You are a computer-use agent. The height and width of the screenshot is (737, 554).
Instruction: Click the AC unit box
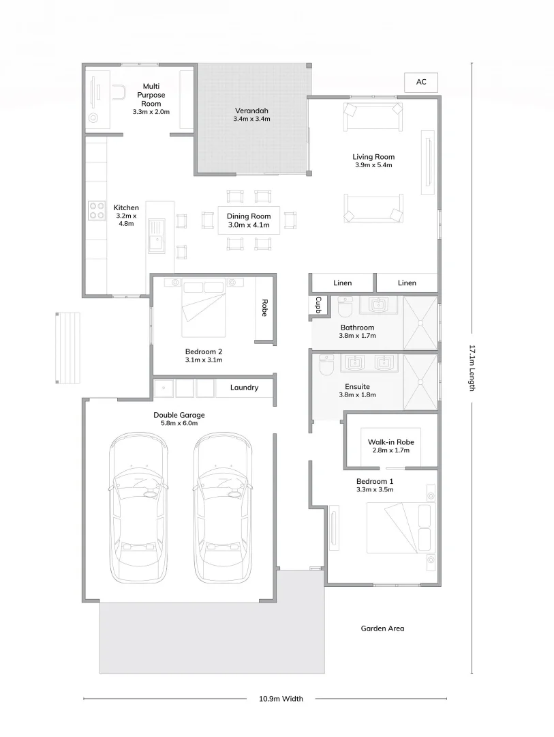click(421, 82)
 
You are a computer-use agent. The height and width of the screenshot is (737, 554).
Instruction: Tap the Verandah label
click(251, 111)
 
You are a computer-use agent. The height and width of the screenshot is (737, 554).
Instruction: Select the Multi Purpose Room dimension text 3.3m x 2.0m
click(151, 111)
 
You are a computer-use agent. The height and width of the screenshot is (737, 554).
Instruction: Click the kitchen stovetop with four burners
click(95, 212)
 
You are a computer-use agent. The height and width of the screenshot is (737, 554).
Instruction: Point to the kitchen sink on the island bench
click(157, 235)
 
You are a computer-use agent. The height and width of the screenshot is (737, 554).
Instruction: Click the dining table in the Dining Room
click(249, 220)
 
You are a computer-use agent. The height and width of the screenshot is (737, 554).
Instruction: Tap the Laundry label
click(244, 388)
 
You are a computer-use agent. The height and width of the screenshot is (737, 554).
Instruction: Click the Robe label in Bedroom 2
click(265, 308)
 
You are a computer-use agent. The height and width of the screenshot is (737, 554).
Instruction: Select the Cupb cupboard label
click(318, 305)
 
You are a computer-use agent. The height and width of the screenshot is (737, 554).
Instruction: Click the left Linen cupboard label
click(343, 283)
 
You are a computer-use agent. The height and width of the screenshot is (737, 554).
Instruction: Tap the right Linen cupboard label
click(407, 283)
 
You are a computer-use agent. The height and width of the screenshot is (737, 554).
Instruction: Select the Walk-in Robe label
click(391, 442)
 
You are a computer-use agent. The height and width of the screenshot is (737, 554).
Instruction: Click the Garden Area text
click(382, 628)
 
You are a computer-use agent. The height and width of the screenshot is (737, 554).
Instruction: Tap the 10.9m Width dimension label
click(281, 698)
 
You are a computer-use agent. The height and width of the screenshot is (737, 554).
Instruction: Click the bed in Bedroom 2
click(204, 308)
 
